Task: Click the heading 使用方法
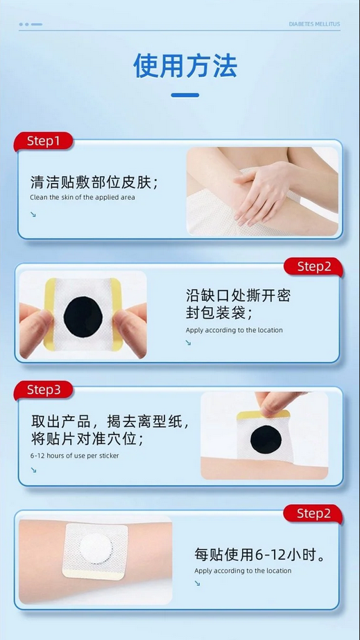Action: (185, 66)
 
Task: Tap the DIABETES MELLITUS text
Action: (314, 24)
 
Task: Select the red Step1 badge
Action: (43, 141)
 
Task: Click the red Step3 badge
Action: (43, 390)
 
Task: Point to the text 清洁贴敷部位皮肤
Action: (92, 182)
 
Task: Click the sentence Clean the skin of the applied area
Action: (83, 198)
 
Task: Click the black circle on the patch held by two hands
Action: (83, 317)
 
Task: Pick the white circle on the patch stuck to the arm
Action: (96, 548)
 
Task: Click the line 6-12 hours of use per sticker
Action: (75, 456)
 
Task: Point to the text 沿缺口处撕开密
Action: (238, 295)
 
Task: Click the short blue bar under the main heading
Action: (185, 95)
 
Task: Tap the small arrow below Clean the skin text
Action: (33, 214)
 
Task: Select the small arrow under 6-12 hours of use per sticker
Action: (33, 470)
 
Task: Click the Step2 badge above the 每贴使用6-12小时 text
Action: (314, 514)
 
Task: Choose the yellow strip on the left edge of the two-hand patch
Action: (50, 314)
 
